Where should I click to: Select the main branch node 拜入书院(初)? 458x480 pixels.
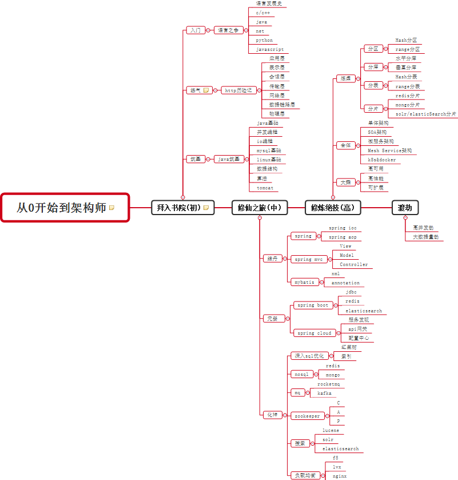click(x=182, y=208)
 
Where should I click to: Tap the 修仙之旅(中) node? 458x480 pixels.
click(x=260, y=208)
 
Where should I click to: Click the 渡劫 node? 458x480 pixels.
click(x=405, y=208)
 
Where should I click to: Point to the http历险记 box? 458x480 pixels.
click(x=238, y=90)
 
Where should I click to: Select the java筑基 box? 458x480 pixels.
click(x=230, y=159)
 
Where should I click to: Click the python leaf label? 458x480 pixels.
click(x=265, y=41)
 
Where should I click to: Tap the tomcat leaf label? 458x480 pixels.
click(x=265, y=188)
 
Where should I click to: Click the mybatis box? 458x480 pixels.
click(x=303, y=282)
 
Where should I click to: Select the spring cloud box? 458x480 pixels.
click(x=314, y=333)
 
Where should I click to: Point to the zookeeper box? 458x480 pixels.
click(x=308, y=416)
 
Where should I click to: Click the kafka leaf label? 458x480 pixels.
click(x=324, y=393)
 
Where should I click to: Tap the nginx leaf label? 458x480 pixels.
click(x=340, y=476)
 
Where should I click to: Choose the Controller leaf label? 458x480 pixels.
click(x=354, y=265)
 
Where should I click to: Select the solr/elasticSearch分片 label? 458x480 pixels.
click(x=426, y=114)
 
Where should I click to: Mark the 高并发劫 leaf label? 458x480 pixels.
click(x=423, y=227)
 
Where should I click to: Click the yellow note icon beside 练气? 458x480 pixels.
click(x=206, y=90)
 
